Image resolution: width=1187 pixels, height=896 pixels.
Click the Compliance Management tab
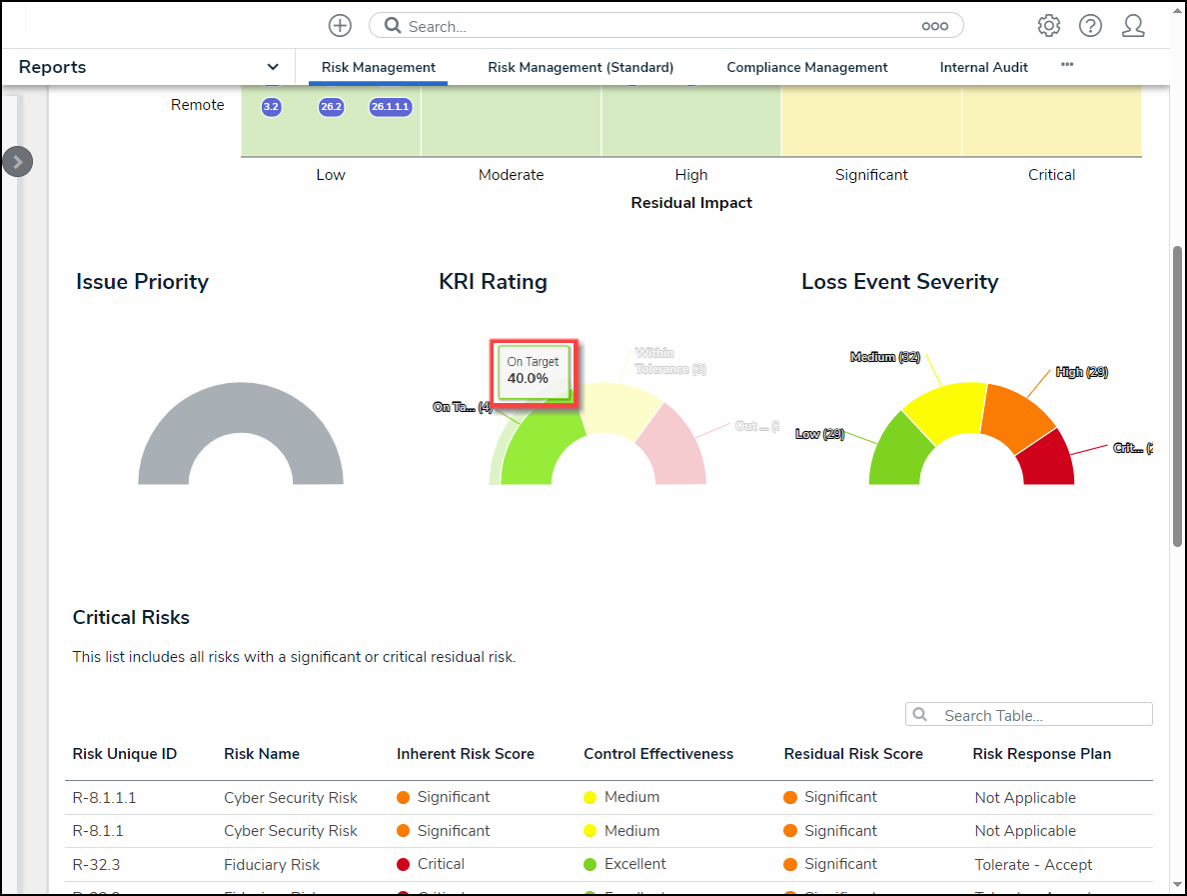[806, 68]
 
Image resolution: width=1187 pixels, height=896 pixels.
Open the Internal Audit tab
[983, 68]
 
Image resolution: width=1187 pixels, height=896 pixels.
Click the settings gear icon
[1048, 26]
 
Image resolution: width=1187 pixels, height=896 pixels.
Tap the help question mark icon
[1090, 26]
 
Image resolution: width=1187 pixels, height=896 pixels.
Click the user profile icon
[1133, 26]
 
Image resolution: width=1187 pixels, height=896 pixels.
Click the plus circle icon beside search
[340, 26]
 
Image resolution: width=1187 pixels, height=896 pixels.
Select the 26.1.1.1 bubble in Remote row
[391, 107]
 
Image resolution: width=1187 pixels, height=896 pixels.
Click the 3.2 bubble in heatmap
[271, 107]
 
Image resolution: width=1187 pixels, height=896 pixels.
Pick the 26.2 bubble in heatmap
[331, 107]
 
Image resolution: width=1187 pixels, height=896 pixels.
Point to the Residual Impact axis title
[691, 203]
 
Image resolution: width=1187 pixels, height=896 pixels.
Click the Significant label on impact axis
[871, 175]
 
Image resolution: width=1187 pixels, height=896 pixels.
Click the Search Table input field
[1039, 715]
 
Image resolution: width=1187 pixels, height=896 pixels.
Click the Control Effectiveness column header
[658, 754]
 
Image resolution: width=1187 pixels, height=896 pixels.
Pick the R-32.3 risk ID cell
[97, 865]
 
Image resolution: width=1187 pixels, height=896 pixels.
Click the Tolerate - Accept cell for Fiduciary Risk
[1033, 865]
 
